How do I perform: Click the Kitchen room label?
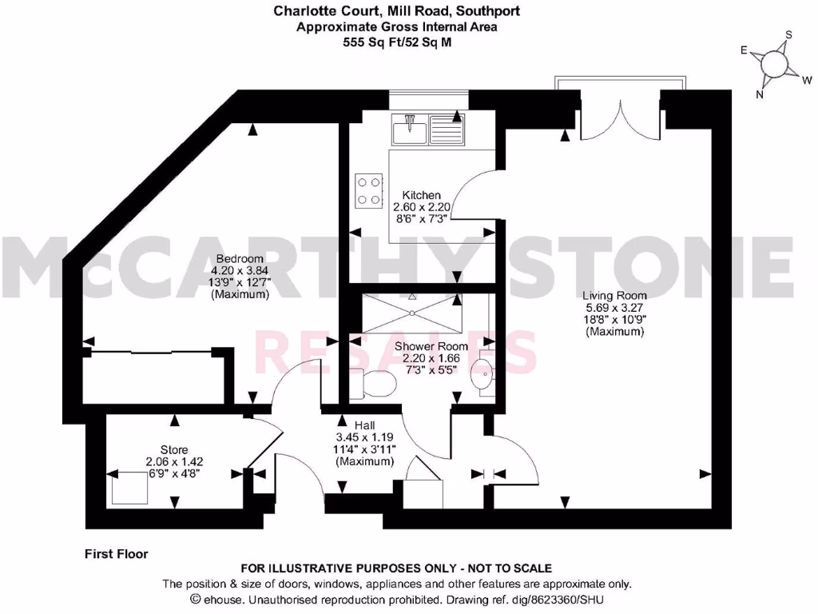(421, 195)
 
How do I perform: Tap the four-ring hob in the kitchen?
(369, 190)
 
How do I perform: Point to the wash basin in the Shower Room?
(482, 372)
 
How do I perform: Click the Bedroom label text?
(240, 259)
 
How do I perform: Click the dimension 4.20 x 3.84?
(240, 271)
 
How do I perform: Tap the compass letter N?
(760, 94)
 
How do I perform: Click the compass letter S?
(788, 34)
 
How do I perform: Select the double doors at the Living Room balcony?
(620, 118)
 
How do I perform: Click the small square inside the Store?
(125, 488)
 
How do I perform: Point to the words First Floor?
(116, 552)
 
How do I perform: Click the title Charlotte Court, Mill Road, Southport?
(396, 11)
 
